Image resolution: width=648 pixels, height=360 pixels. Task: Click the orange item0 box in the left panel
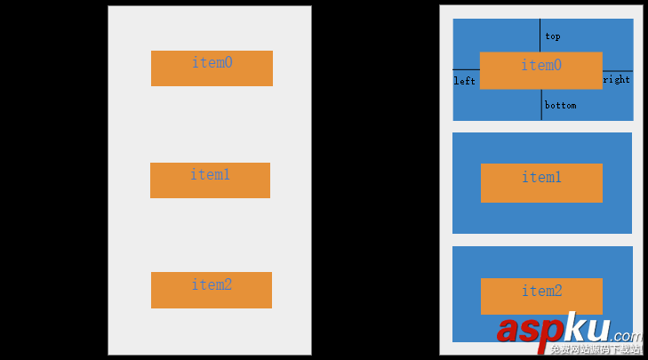[212, 68]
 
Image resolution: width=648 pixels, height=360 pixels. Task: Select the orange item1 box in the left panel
[210, 180]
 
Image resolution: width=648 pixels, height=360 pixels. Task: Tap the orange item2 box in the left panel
[211, 290]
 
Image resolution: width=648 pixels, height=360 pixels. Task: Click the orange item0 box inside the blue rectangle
[540, 70]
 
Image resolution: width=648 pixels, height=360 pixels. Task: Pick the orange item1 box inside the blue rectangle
[541, 182]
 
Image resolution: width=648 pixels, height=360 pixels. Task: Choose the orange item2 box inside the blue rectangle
[541, 295]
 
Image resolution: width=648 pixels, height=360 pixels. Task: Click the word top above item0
[552, 36]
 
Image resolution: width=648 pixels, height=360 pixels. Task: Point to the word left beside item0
[464, 81]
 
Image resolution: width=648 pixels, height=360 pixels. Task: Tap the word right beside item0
[616, 79]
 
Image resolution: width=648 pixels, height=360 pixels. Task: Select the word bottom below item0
[560, 105]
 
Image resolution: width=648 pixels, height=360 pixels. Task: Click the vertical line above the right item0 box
[540, 35]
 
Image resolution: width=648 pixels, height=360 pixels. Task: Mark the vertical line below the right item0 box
[541, 105]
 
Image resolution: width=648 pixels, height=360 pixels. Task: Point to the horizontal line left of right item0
[466, 69]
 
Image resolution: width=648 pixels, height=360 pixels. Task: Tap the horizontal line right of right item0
[618, 70]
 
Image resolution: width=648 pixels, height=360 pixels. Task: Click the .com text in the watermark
[626, 335]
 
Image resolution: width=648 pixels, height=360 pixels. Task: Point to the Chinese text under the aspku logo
[595, 350]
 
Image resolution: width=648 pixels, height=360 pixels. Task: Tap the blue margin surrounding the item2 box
[466, 267]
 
